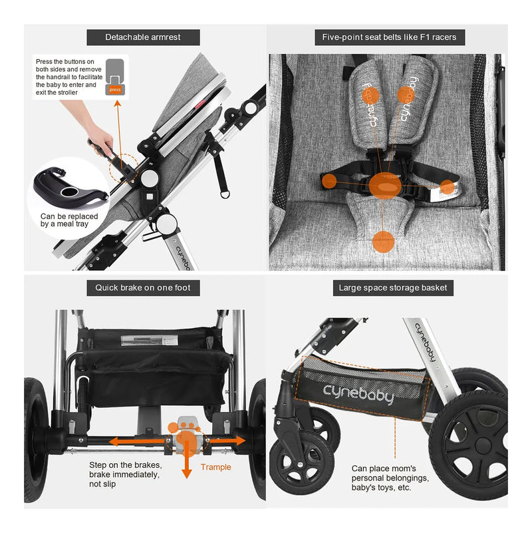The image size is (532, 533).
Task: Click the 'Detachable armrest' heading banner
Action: click(143, 37)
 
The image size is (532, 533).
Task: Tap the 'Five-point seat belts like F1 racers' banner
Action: click(389, 37)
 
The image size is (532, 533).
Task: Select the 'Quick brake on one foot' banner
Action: click(143, 287)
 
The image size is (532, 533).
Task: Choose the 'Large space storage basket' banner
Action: click(393, 287)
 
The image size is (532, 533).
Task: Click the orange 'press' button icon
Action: click(115, 90)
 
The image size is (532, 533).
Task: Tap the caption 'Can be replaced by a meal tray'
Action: click(69, 220)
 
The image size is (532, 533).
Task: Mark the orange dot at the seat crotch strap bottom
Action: click(383, 242)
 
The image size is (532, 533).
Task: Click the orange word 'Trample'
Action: click(215, 467)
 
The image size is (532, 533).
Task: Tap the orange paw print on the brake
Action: click(184, 435)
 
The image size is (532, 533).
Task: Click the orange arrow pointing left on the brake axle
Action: click(138, 442)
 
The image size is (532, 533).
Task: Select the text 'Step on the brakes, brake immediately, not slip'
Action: click(126, 474)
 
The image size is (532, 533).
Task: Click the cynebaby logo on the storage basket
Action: click(358, 394)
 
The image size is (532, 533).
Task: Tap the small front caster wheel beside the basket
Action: click(302, 462)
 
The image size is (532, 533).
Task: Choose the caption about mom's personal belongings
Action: click(390, 478)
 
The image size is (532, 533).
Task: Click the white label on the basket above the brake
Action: click(150, 340)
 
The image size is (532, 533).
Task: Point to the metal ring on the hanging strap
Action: click(225, 194)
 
